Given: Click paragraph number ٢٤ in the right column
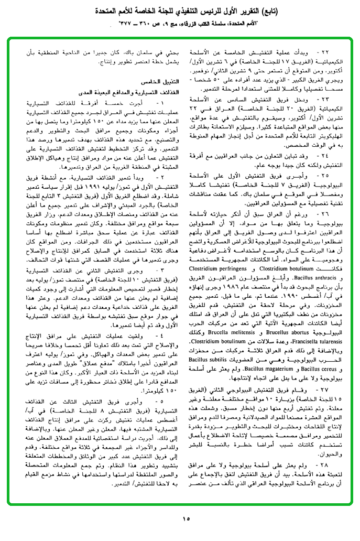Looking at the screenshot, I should click(330, 156).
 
